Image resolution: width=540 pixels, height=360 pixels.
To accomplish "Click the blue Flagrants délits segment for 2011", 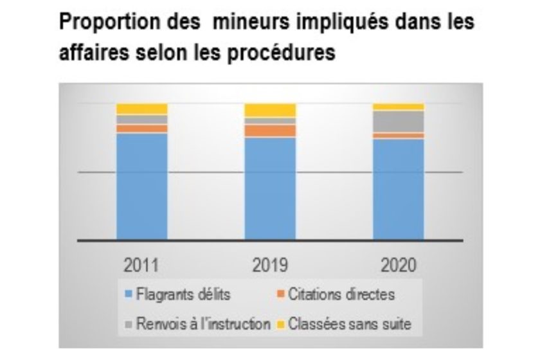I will [141, 186].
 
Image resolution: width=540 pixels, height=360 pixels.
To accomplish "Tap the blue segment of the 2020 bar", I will [398, 189].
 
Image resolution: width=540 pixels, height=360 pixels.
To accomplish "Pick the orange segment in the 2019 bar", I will [270, 130].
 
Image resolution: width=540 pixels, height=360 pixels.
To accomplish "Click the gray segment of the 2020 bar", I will [398, 121].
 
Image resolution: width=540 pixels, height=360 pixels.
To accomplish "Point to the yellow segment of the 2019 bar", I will [270, 110].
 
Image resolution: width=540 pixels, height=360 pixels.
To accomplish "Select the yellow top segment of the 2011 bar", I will [141, 108].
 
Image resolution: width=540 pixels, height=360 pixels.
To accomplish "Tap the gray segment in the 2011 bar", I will [141, 119].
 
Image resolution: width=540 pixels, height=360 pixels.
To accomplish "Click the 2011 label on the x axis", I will [141, 264].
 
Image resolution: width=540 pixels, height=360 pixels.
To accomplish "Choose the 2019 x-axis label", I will [270, 264].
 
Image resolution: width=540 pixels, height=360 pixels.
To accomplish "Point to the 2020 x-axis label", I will [398, 264].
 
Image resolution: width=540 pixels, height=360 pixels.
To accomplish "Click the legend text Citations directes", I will [341, 295].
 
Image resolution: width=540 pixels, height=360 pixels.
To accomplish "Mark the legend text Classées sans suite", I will [349, 323].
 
